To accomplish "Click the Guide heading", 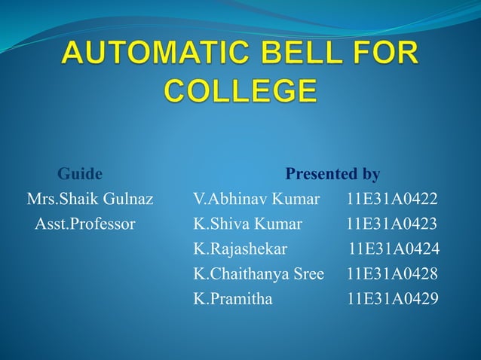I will (x=80, y=175).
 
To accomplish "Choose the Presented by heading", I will (x=332, y=175).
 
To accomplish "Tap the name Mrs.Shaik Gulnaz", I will (x=90, y=200).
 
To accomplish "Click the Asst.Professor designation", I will (x=85, y=224).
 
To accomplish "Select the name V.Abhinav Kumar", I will (x=256, y=200).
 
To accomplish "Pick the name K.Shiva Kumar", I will (x=248, y=224).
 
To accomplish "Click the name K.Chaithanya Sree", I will (x=259, y=273).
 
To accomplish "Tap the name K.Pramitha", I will (x=234, y=298).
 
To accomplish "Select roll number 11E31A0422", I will (x=391, y=200).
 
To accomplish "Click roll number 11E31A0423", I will (x=391, y=224).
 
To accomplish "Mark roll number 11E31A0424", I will (x=394, y=249).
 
